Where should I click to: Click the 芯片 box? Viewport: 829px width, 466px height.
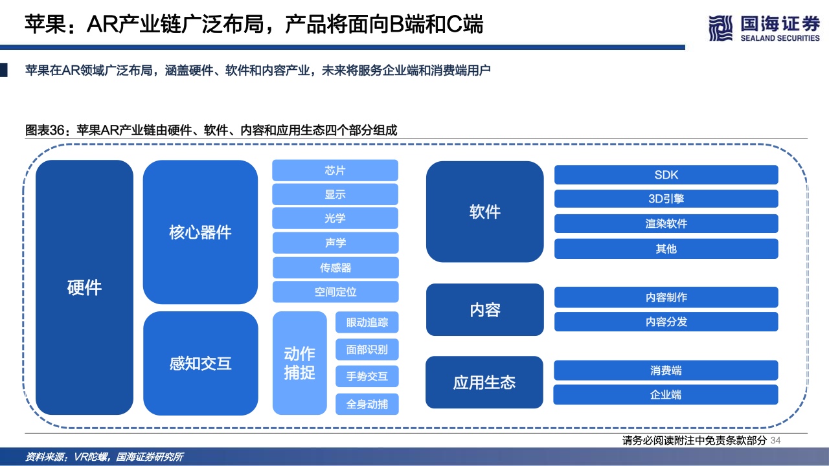(335, 170)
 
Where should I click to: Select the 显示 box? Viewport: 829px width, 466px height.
(335, 194)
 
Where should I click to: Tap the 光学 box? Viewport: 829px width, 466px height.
(335, 218)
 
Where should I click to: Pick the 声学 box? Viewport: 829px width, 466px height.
(335, 243)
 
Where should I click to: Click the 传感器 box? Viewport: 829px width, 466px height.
(335, 267)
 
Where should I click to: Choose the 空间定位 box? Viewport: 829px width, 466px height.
(335, 292)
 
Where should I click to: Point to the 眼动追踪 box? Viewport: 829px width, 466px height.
(367, 322)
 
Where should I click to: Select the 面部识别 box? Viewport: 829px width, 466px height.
(367, 349)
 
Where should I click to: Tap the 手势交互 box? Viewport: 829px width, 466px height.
(367, 377)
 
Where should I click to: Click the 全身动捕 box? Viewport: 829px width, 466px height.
(367, 404)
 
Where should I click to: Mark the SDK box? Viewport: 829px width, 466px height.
(666, 175)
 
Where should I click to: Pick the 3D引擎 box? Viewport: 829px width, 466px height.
(666, 199)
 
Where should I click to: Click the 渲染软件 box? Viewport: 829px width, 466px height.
(666, 223)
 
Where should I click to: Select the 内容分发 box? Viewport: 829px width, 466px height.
(666, 322)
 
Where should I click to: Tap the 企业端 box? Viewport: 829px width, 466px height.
(666, 395)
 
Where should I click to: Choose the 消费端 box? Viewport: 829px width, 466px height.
(666, 370)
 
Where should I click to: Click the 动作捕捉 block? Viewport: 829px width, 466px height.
(299, 363)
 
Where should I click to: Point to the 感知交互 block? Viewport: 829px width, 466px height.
(200, 363)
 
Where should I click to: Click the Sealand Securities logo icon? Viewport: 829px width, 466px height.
(720, 28)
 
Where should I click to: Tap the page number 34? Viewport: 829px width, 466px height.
(776, 441)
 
